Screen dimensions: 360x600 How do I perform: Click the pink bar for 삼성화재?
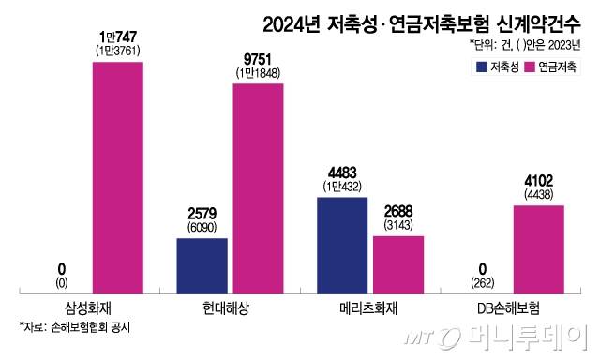point(118,177)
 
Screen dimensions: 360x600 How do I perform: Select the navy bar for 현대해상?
point(202,265)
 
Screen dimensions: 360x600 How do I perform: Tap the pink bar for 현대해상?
point(259,187)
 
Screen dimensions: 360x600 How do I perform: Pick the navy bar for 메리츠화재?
point(342,245)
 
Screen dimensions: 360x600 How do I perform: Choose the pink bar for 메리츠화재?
point(398,263)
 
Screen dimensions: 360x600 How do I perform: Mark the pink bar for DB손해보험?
point(538,248)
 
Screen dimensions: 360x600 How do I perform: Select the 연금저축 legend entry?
point(554,67)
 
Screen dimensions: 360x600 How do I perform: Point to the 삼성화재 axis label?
point(90,307)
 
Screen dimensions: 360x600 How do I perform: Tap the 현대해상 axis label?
point(230,307)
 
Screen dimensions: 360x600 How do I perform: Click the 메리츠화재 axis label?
point(370,307)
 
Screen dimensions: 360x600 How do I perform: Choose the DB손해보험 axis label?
point(510,307)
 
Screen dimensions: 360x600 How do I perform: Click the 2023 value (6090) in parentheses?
point(202,226)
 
